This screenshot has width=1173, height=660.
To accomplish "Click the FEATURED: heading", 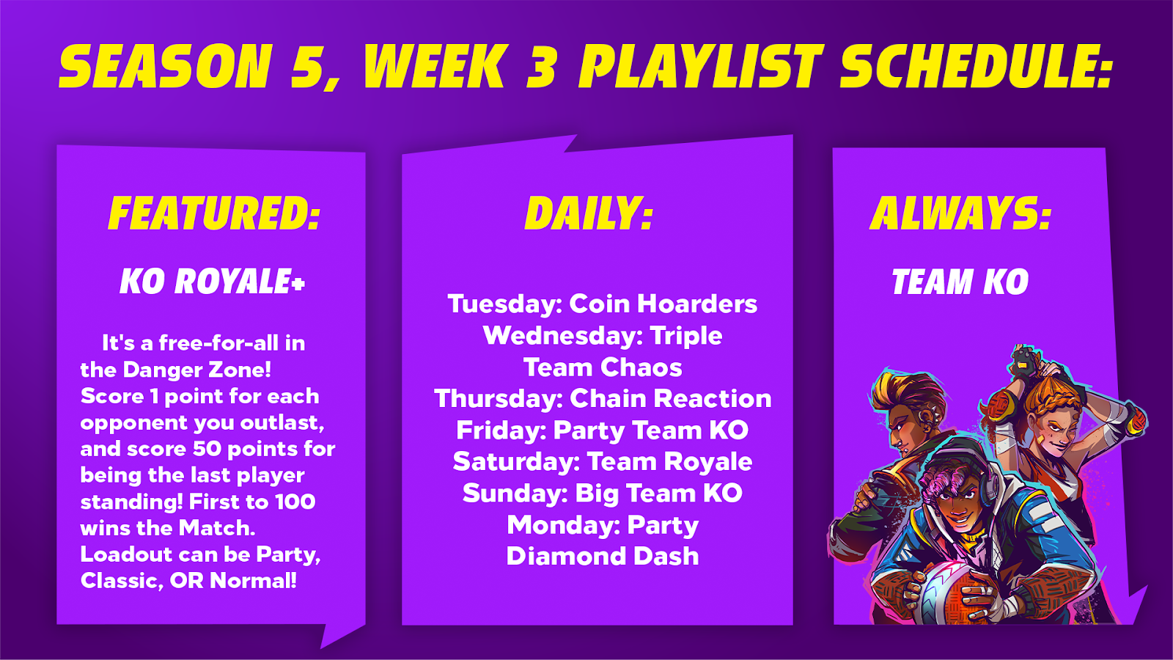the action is [214, 213].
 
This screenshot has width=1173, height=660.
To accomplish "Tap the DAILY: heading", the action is [589, 213].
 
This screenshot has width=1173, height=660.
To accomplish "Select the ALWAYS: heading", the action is [960, 213].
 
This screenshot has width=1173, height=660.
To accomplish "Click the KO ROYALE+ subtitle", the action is [212, 282].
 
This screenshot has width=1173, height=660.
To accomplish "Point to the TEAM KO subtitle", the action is [960, 282].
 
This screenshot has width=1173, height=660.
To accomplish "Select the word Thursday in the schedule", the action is [499, 399].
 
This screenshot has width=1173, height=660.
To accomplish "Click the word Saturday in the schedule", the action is [516, 461].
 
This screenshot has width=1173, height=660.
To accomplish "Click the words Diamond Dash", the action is [603, 557].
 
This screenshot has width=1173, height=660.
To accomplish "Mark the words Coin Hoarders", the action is [663, 304].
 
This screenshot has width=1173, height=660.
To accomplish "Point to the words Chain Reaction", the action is [670, 399].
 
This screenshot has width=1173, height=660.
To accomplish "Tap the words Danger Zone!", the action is [197, 370].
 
